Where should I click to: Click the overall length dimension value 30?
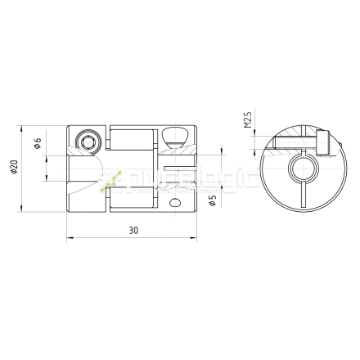tap(133, 232)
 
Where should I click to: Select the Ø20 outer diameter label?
tap(14, 169)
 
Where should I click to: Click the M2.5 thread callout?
tap(248, 124)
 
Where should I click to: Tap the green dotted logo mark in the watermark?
tap(110, 181)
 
